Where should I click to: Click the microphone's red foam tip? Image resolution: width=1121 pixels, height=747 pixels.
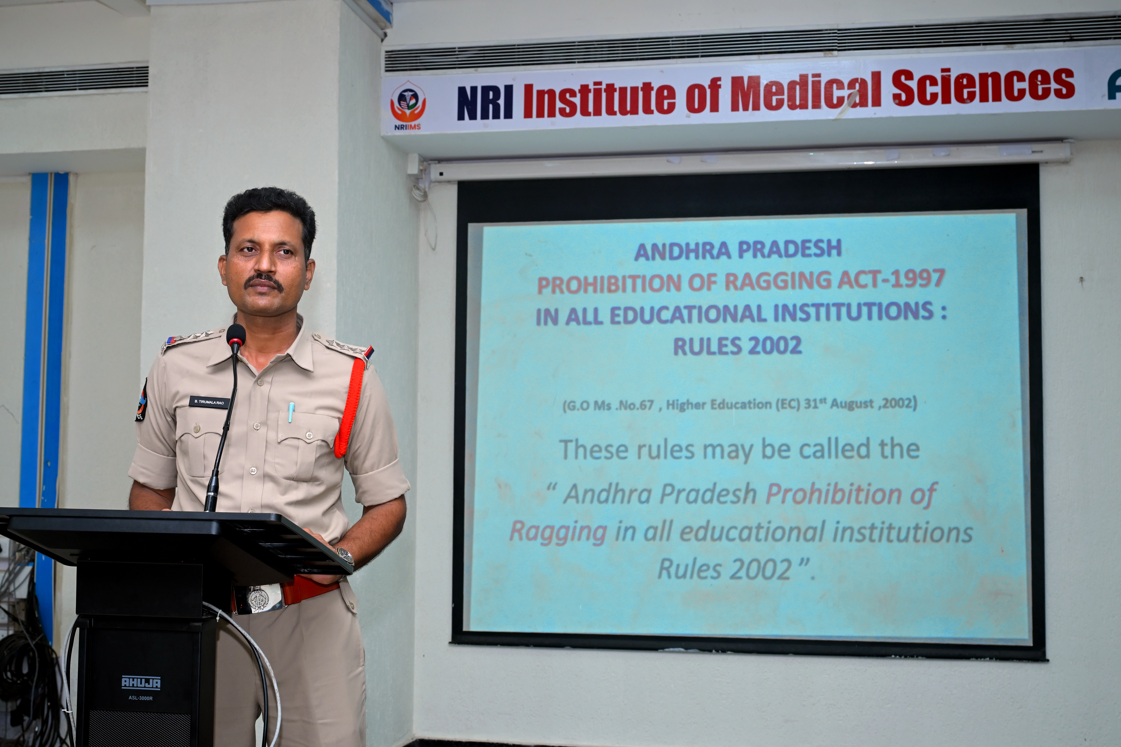coord(236,335)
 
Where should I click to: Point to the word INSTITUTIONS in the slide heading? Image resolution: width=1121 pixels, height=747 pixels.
coord(853,313)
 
